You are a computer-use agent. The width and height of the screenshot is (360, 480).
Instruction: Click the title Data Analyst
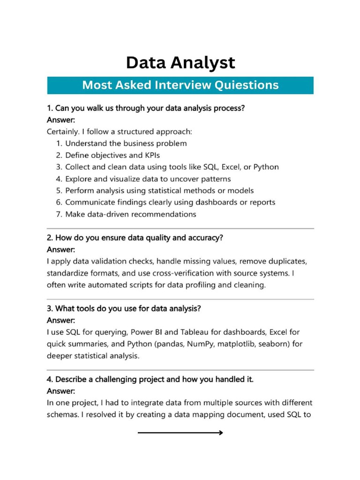click(x=180, y=62)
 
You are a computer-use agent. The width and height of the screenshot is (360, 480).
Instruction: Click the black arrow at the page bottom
click(x=180, y=433)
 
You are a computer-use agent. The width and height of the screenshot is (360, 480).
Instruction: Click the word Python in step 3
click(x=266, y=167)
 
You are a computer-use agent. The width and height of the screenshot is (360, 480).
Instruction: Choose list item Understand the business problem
click(x=126, y=143)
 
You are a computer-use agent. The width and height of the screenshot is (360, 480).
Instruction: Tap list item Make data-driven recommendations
click(x=130, y=214)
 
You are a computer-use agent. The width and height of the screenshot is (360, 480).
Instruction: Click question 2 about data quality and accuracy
click(x=135, y=238)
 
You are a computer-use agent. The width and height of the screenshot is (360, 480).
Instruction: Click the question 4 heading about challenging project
click(x=150, y=379)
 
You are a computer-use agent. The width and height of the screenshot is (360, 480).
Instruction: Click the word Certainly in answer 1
click(x=64, y=131)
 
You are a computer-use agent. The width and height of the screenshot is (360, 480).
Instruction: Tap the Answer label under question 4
click(x=61, y=391)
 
